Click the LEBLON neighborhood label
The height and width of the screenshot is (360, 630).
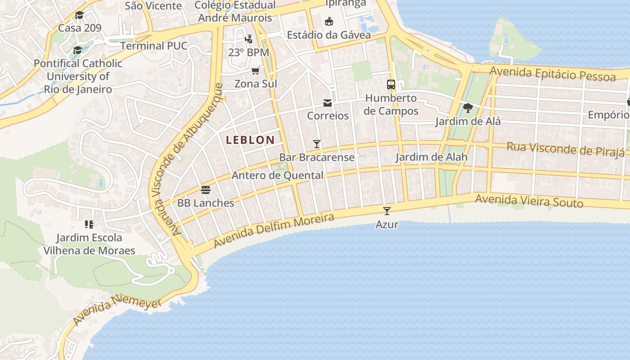point(250,140)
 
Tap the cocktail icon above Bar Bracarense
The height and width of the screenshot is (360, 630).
point(317,144)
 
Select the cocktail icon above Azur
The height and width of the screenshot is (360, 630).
point(387,211)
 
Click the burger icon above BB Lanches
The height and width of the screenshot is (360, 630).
point(206,190)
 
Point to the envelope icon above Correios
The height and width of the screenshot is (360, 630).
point(328,103)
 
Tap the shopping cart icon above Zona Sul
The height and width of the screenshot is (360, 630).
point(256,71)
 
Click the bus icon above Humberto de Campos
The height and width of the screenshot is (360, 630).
point(391,85)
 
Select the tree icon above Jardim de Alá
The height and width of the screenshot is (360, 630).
point(468,108)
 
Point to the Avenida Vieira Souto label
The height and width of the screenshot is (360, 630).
point(529,201)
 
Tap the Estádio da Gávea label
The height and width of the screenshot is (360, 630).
point(329,35)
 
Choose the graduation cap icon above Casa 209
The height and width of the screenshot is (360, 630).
point(80,15)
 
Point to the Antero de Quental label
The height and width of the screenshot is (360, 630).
point(277,175)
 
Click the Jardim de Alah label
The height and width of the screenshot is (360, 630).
point(431,157)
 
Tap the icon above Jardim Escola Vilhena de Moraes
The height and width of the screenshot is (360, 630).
point(89,224)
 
